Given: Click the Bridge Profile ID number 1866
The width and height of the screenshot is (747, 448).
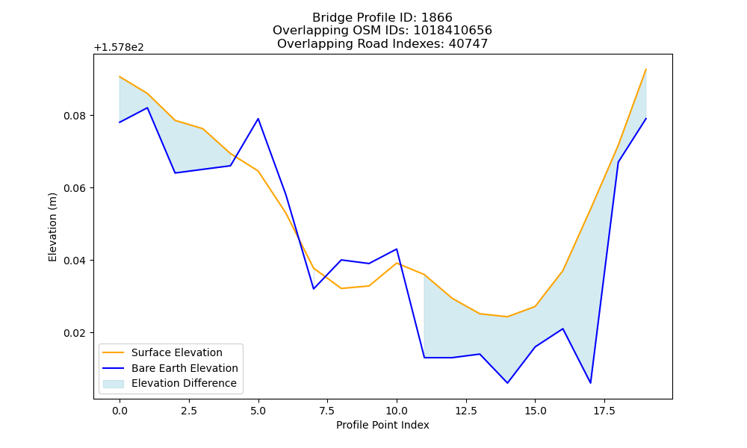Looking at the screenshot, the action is pos(437,18).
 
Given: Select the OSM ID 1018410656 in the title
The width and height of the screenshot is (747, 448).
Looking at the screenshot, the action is pos(453,31).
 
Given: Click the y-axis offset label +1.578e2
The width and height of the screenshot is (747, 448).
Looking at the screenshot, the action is pos(119,48).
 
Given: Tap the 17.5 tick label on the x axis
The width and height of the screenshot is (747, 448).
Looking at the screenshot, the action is pos(604,411).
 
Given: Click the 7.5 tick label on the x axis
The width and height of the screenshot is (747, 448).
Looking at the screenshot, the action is pos(327,411).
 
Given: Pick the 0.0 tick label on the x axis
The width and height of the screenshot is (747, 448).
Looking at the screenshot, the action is pos(120,411).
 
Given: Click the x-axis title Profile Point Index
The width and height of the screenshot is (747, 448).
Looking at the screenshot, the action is pos(382,425).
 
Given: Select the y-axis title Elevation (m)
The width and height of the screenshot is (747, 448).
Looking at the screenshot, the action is pos(52,227).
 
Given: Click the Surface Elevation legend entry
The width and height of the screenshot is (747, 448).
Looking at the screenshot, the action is pos(177,352).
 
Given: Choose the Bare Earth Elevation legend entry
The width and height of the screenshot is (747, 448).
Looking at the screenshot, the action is pos(185,368).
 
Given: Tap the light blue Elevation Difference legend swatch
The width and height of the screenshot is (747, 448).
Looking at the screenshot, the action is pos(114,384).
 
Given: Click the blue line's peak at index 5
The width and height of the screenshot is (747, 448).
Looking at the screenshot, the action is pos(258,119).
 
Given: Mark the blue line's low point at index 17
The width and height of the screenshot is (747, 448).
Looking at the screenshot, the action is pos(591,383).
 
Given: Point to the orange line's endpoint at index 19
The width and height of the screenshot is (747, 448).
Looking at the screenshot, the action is pos(646,69).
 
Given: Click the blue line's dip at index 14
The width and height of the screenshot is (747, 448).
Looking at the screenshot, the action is pos(507,383).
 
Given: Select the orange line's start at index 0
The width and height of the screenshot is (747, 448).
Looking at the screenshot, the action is pos(120,77).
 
